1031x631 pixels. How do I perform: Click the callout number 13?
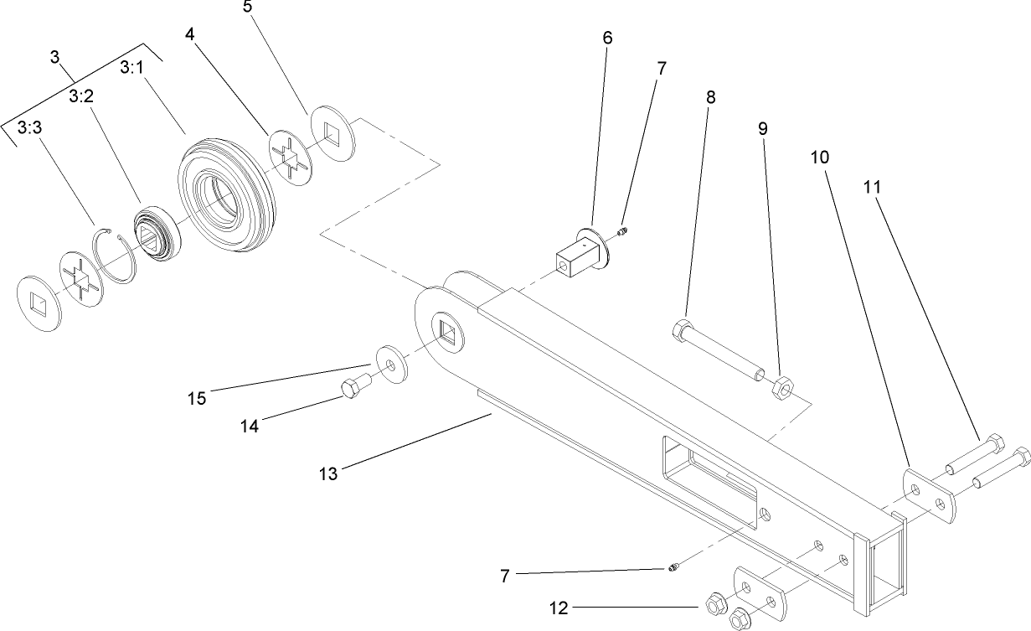point(328,473)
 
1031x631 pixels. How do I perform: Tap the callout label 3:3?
point(30,127)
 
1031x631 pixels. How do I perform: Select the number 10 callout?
point(820,158)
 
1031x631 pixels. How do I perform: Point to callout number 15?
point(197,398)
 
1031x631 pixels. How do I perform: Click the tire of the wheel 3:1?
point(228,197)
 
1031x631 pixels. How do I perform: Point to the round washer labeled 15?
point(392,364)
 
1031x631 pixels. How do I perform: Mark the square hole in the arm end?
point(447,333)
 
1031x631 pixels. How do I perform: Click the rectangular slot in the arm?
point(709,484)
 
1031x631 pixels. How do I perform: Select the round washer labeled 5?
point(333,133)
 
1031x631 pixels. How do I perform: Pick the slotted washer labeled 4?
point(291,158)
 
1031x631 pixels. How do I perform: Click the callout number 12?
point(559,608)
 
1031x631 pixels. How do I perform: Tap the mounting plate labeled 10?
point(928,496)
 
